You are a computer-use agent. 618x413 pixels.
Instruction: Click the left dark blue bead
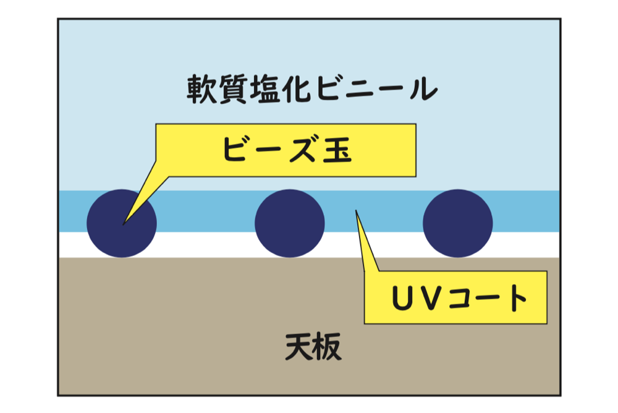tap(122, 223)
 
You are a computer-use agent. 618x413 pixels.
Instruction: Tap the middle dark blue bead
tap(290, 223)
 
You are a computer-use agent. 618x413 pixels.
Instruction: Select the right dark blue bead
tap(458, 223)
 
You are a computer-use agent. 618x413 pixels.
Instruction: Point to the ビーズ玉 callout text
tap(287, 151)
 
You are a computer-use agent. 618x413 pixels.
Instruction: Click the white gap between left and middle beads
tap(206, 245)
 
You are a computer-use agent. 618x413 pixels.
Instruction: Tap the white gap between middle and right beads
tap(374, 245)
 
